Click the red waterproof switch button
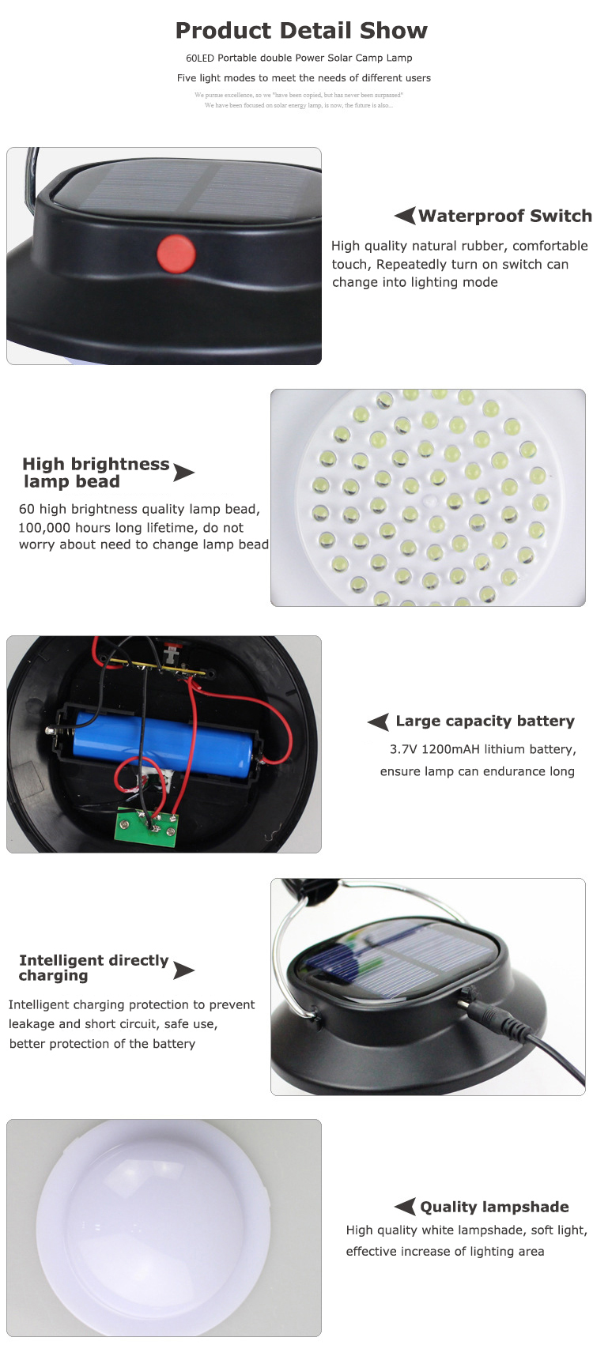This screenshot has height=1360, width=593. [x=176, y=252]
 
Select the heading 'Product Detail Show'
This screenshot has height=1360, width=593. [x=301, y=31]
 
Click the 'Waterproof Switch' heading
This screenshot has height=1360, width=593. [x=504, y=217]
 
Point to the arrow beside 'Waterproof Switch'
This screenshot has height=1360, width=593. [x=405, y=216]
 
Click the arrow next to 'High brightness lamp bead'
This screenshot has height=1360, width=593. [x=183, y=473]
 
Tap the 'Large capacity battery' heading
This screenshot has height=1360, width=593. [x=485, y=721]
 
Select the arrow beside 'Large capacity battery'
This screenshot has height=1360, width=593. [x=379, y=721]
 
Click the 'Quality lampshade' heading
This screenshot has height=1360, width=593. [x=494, y=1207]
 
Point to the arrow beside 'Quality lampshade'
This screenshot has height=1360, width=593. [x=405, y=1206]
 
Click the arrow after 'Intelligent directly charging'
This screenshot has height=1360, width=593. [x=183, y=970]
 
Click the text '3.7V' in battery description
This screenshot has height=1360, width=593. [x=403, y=749]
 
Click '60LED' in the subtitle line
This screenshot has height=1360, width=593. [x=200, y=58]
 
